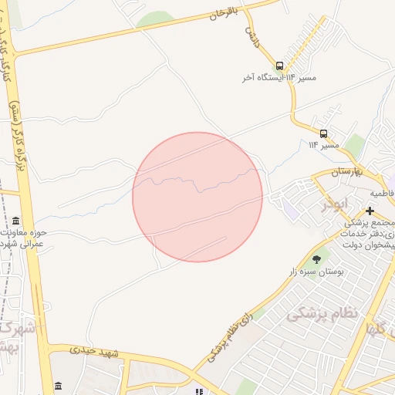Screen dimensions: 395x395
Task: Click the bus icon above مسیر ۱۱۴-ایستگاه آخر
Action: click(279, 66)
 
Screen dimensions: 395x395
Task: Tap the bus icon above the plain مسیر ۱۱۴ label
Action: click(323, 133)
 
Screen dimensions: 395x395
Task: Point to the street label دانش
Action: click(252, 37)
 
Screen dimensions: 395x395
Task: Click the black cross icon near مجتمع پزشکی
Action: click(370, 211)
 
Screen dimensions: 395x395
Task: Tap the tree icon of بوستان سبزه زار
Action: click(316, 259)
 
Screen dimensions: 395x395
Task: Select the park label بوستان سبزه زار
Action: click(316, 272)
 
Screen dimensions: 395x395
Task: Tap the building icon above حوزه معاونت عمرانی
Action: click(17, 221)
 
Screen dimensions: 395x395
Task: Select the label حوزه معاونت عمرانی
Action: click(19, 238)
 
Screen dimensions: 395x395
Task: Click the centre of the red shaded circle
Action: click(197, 197)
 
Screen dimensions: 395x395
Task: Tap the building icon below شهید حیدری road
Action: click(59, 386)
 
